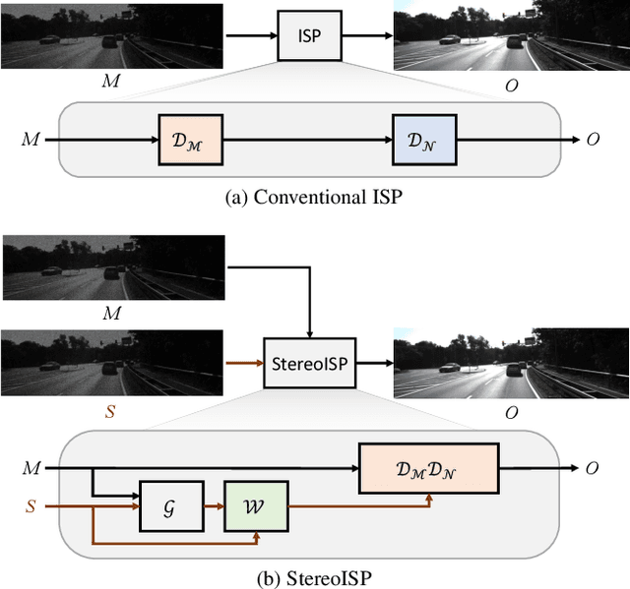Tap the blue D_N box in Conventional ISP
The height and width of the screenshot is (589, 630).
(419, 139)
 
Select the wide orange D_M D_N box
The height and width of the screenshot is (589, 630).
(428, 468)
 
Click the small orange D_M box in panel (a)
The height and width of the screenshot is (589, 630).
(191, 139)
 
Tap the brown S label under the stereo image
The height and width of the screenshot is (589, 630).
(109, 412)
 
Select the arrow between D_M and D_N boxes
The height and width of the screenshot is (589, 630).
(307, 139)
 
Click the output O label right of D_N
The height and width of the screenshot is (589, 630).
(593, 139)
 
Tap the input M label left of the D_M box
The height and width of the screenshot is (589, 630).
(32, 139)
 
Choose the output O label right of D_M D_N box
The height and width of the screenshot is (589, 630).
(592, 468)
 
